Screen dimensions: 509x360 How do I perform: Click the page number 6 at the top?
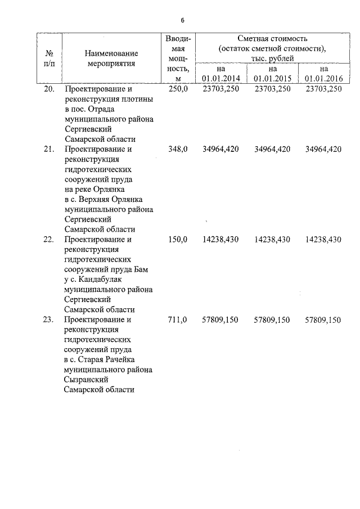[182, 20]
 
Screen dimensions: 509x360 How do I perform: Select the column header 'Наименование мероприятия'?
[111, 58]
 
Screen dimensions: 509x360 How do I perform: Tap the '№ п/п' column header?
[48, 58]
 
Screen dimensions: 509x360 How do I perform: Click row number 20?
[48, 89]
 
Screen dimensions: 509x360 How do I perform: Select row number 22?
[48, 240]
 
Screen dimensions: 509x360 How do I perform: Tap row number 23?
[48, 319]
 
